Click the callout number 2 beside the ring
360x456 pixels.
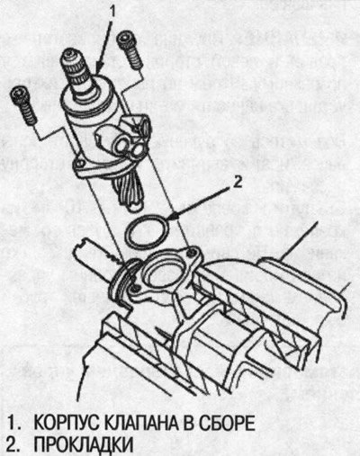[238, 182]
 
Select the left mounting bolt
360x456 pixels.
[23, 105]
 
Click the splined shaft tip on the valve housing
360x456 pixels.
[75, 71]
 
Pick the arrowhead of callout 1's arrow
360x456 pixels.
[98, 67]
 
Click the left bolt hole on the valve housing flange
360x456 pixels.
[79, 164]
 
